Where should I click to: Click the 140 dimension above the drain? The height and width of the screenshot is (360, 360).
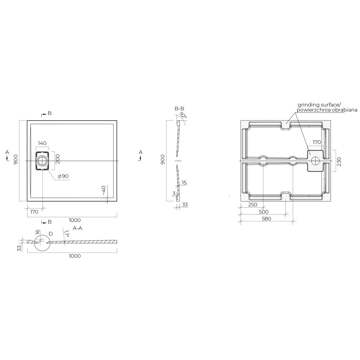point(42,143)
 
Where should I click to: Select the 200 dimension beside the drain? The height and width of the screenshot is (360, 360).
point(58,159)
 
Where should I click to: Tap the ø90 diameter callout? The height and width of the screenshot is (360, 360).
point(63,176)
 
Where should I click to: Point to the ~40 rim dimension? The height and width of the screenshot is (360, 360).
point(104,191)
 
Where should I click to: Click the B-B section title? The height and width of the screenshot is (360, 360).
point(179,109)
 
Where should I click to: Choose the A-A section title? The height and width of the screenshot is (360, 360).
point(77,228)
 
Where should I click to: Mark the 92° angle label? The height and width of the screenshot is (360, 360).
point(183,115)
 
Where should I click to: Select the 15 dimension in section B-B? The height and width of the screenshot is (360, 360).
point(184,183)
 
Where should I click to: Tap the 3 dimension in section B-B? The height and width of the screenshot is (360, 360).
point(174,193)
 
